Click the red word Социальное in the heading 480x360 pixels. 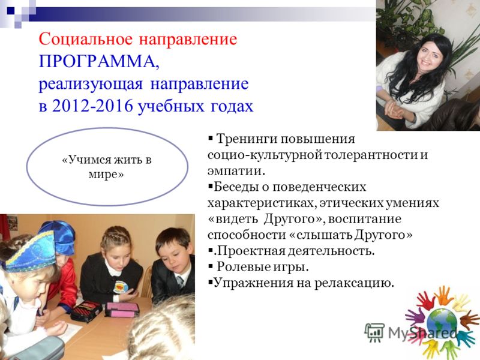tap(86, 39)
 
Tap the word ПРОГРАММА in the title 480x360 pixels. tap(99, 62)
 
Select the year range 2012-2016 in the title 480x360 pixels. tap(92, 106)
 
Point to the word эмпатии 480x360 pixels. tap(236, 171)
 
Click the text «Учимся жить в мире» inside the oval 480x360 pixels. tap(107, 167)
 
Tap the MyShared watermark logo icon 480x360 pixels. tap(374, 332)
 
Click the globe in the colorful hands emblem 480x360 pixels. tap(441, 323)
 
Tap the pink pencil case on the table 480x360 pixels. tap(122, 309)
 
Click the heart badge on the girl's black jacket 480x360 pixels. tap(121, 287)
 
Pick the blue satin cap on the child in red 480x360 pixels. tap(59, 236)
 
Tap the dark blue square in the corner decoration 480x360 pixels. tap(11, 11)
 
